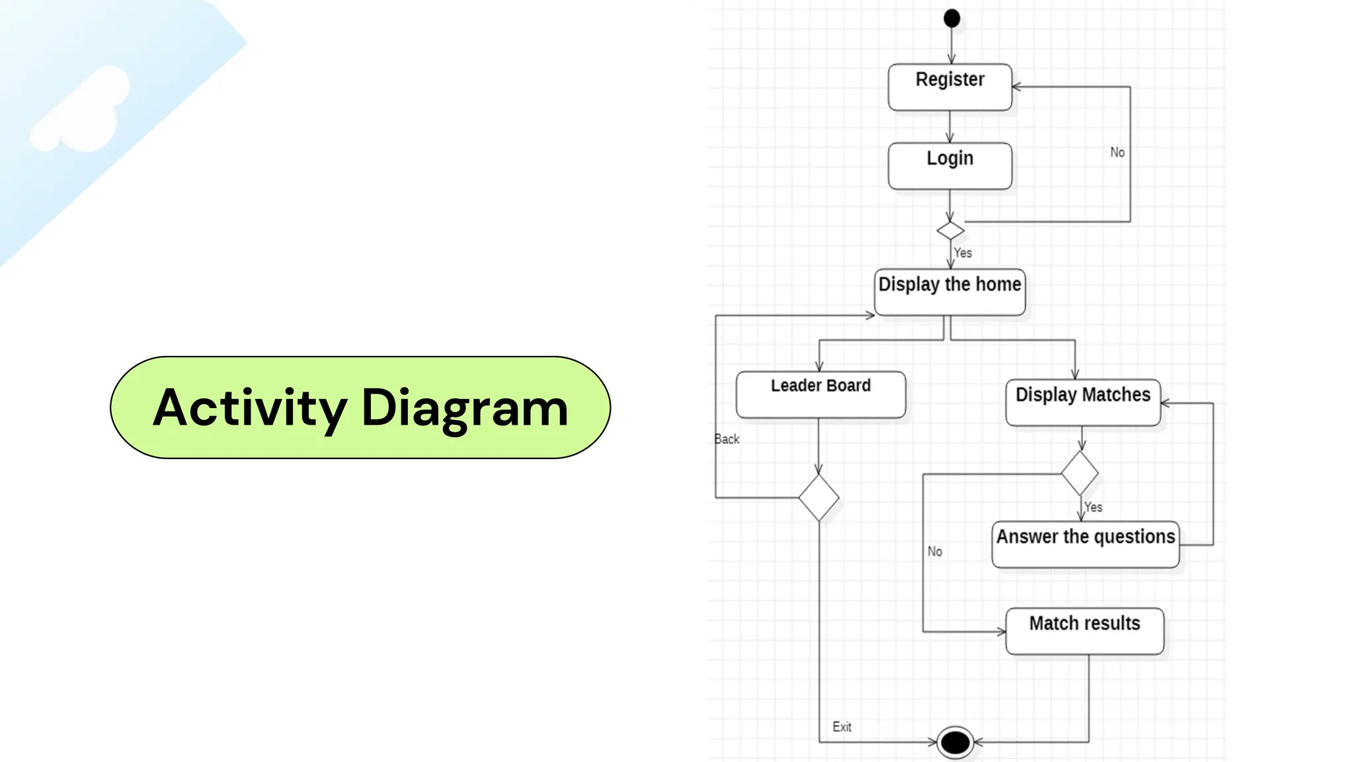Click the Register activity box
click(949, 87)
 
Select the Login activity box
click(949, 165)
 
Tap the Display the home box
click(949, 291)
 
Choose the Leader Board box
click(820, 394)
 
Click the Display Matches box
click(1082, 402)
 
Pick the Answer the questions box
click(1085, 544)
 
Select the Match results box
click(1084, 631)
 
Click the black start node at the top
click(951, 18)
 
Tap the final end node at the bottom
click(955, 742)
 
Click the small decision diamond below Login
click(950, 230)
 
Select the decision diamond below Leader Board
click(818, 497)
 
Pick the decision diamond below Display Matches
click(1080, 473)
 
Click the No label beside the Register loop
click(1117, 152)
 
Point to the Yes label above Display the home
click(963, 253)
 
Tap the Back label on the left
click(727, 439)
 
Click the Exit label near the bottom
click(842, 726)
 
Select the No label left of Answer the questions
click(934, 551)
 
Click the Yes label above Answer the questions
click(1094, 507)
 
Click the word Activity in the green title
click(250, 408)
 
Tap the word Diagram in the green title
click(465, 408)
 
